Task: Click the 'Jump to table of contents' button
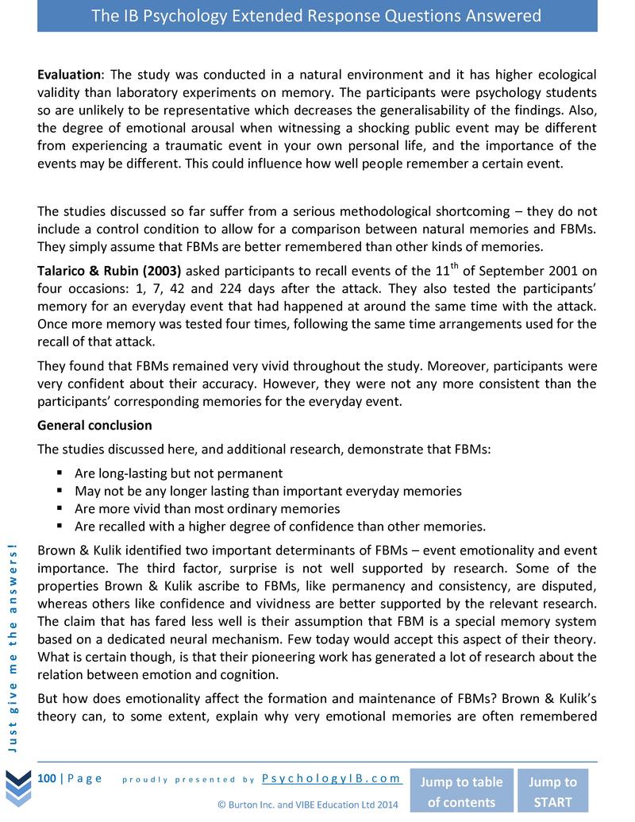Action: click(x=461, y=791)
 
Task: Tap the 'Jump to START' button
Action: click(x=553, y=791)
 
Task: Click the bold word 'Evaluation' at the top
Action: click(x=69, y=75)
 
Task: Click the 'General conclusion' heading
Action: click(x=94, y=425)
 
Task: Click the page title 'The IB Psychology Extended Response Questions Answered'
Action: click(x=317, y=16)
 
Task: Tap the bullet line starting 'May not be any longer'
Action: click(x=267, y=491)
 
